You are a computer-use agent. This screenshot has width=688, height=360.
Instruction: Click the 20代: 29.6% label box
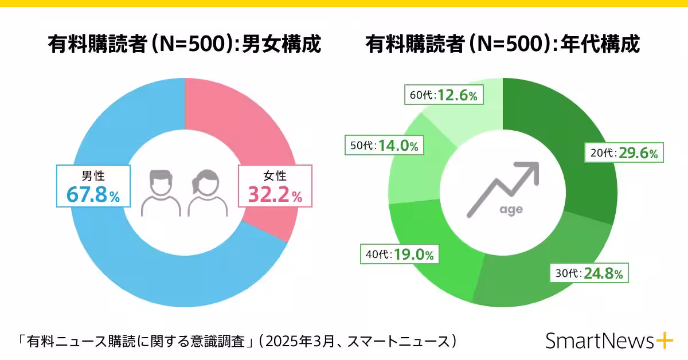click(x=624, y=154)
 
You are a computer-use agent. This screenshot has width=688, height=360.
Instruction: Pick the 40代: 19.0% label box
click(x=399, y=254)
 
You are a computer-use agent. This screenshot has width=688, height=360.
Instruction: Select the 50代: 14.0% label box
click(x=384, y=146)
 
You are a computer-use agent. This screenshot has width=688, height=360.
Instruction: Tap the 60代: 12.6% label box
click(x=444, y=95)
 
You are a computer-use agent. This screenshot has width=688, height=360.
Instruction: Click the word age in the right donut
click(x=510, y=210)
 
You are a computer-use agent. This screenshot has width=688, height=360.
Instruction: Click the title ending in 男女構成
click(x=184, y=45)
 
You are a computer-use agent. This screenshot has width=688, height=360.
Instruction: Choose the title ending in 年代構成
click(x=502, y=45)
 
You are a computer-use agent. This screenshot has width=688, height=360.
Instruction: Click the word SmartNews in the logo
click(x=599, y=341)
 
